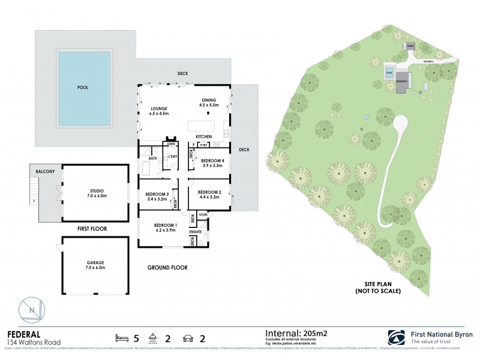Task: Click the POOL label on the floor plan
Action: click(83, 88)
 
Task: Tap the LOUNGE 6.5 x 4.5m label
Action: click(159, 111)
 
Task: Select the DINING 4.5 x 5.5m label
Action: click(209, 103)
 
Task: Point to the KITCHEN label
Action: click(203, 137)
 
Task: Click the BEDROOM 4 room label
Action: click(212, 163)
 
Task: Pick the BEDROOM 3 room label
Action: click(157, 196)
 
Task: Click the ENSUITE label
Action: click(196, 231)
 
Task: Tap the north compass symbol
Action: click(32, 310)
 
